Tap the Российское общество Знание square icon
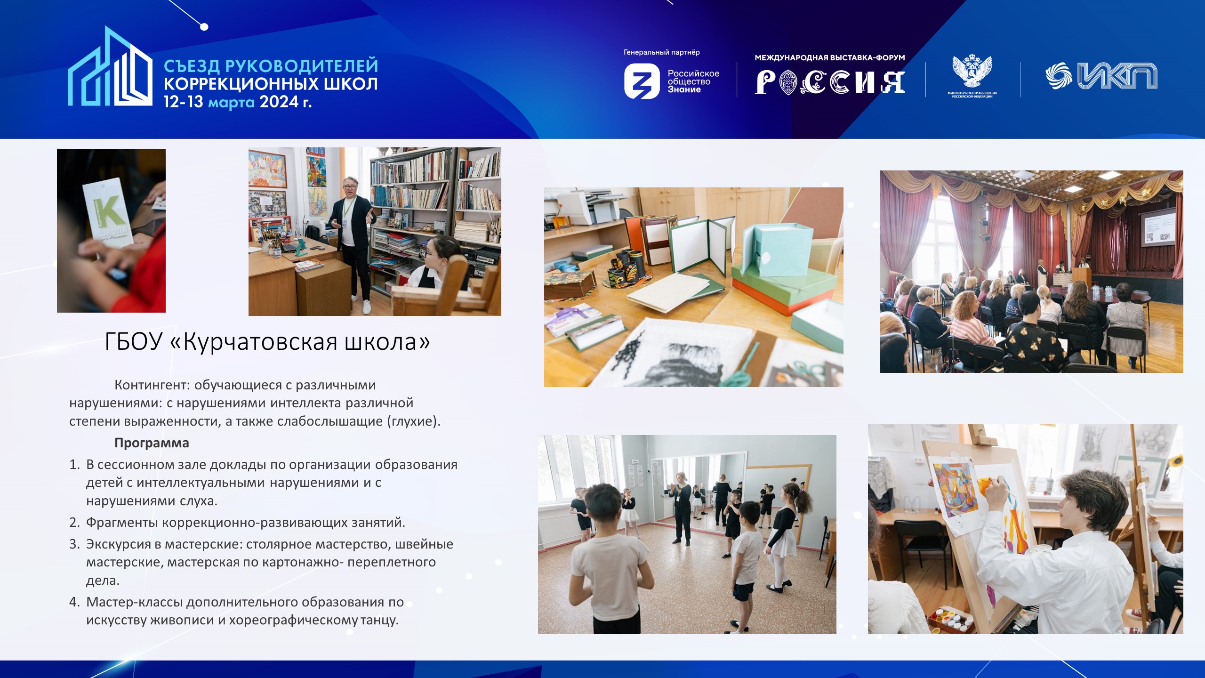(x=642, y=81)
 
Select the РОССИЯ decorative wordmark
(x=830, y=82)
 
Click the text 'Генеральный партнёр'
(x=661, y=52)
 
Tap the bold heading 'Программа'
(x=152, y=443)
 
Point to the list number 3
(x=74, y=544)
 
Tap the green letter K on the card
(x=111, y=212)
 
